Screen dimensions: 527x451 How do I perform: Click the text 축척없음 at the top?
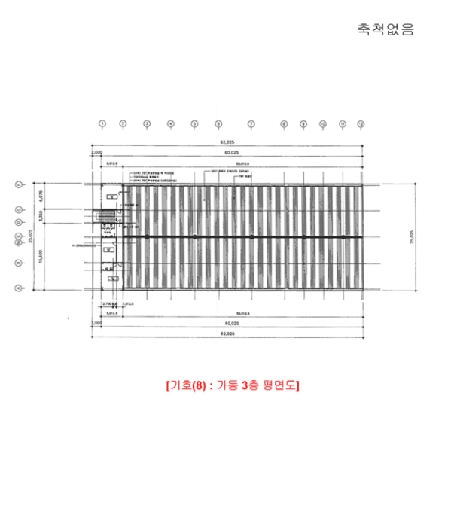click(x=385, y=30)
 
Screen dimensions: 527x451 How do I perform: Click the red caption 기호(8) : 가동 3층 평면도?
click(x=232, y=385)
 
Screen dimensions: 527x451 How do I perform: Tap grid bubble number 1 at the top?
click(x=102, y=123)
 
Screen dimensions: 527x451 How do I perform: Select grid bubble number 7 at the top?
click(x=251, y=123)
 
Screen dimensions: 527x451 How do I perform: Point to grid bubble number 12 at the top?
click(x=361, y=123)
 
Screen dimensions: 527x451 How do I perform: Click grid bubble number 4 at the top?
click(x=171, y=123)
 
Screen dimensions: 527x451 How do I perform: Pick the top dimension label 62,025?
click(x=226, y=142)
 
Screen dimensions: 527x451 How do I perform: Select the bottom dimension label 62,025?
click(x=226, y=332)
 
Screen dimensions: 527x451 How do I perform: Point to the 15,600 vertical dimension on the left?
click(x=41, y=256)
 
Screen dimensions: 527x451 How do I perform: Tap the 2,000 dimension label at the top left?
click(x=96, y=153)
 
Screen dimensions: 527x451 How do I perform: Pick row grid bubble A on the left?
click(x=17, y=288)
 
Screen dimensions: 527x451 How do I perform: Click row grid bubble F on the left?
click(x=17, y=184)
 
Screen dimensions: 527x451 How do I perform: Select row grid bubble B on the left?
click(x=17, y=263)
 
